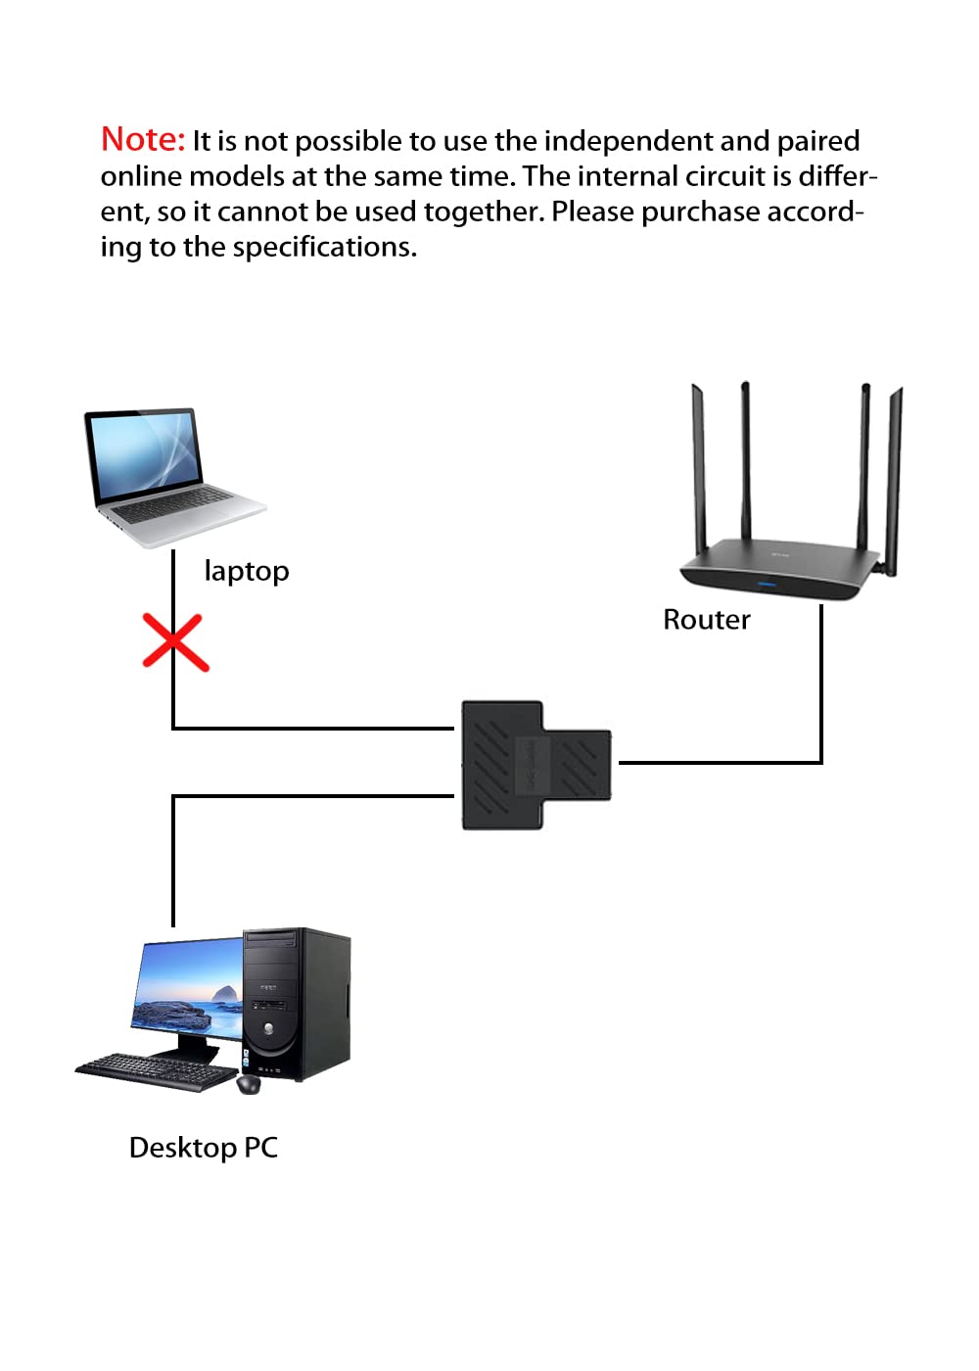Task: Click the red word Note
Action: tap(142, 139)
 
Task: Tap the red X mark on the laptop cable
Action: tap(175, 642)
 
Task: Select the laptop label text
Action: tap(247, 572)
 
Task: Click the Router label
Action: tap(707, 620)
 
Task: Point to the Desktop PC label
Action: tap(204, 1148)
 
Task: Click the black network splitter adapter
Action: tap(536, 765)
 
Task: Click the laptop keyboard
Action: tap(177, 505)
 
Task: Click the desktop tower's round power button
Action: tap(268, 1029)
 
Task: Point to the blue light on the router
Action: tap(767, 584)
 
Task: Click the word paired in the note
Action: tap(818, 142)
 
